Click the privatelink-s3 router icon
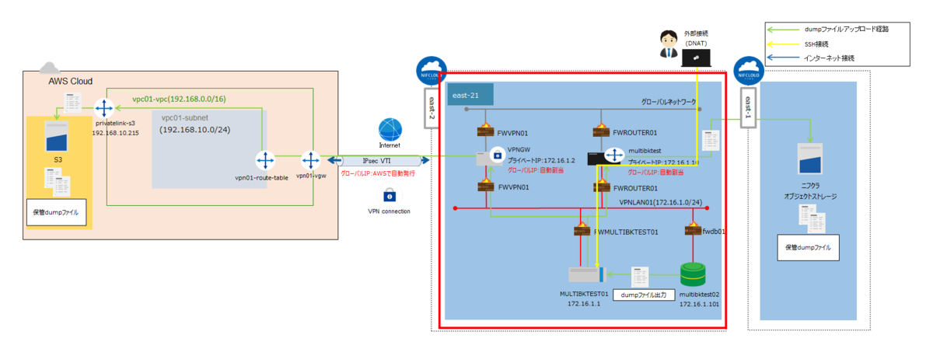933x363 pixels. coord(104,109)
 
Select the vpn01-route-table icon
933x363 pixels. coord(266,161)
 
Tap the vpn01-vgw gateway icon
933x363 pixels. coord(311,161)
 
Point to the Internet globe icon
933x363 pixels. coord(390,130)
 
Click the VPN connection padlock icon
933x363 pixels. coord(389,194)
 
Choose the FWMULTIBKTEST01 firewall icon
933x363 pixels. coord(581,231)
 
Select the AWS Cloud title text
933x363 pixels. coord(71,81)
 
